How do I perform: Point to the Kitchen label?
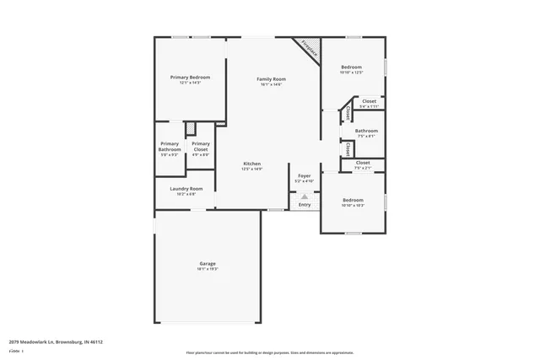252,163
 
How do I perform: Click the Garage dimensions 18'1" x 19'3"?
208,269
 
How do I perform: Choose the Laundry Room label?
186,188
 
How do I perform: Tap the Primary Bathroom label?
170,147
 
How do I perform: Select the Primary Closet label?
201,147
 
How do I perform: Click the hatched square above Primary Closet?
192,128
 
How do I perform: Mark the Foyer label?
304,175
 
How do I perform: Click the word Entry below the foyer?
305,205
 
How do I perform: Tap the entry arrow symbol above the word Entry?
305,196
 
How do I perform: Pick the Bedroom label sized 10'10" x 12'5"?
351,67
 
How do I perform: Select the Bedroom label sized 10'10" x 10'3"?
352,200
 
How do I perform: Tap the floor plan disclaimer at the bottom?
269,352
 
